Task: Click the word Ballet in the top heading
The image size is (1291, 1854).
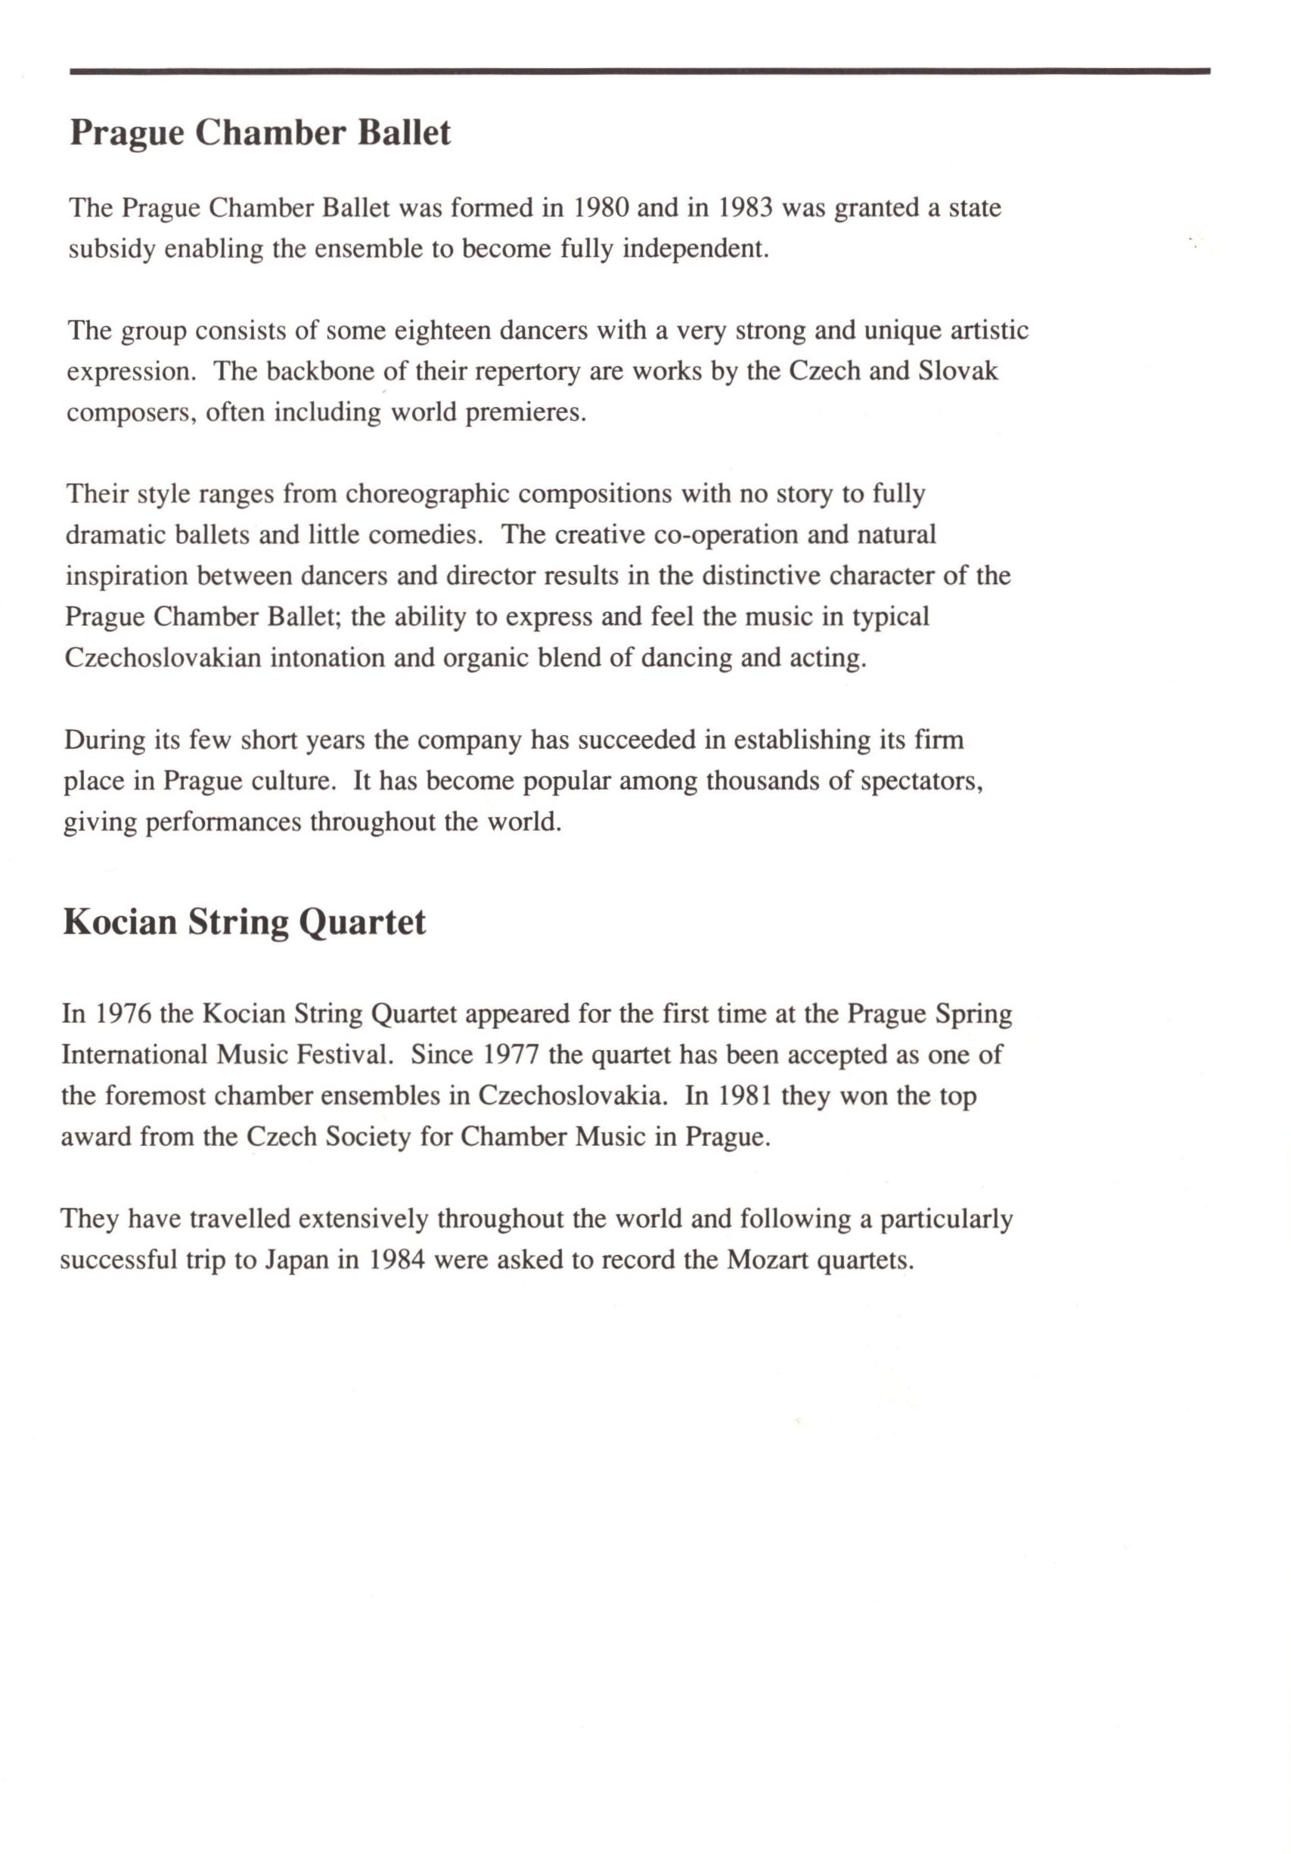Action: point(403,132)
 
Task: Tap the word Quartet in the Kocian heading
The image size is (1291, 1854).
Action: point(362,922)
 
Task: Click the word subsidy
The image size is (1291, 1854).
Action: point(111,249)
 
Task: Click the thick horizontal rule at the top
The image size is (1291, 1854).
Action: point(639,72)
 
